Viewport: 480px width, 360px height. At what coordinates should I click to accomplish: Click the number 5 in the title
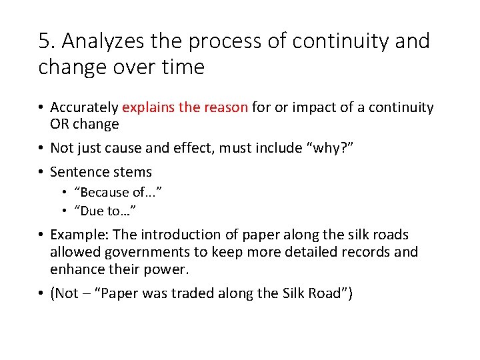[45, 41]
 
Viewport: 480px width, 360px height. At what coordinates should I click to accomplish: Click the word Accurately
[85, 107]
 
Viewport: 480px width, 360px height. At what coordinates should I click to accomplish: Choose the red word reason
[225, 107]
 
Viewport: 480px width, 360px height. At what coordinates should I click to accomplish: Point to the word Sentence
[77, 172]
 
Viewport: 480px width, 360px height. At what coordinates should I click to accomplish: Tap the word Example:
[78, 235]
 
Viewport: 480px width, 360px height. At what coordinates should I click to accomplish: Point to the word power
[169, 269]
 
